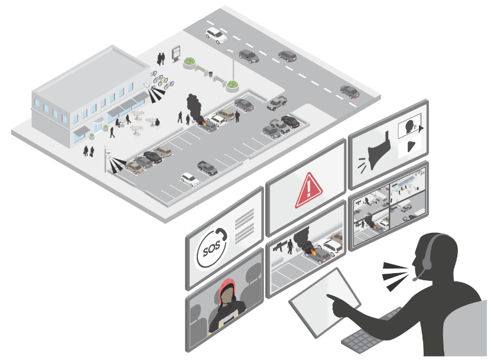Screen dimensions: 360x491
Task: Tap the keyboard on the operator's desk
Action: [x=360, y=340]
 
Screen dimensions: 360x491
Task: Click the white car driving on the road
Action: [x=216, y=35]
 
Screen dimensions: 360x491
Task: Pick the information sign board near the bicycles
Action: [x=176, y=54]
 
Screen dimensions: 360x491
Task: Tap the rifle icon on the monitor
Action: [x=278, y=244]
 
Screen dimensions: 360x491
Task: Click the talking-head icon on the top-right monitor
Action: [x=409, y=126]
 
